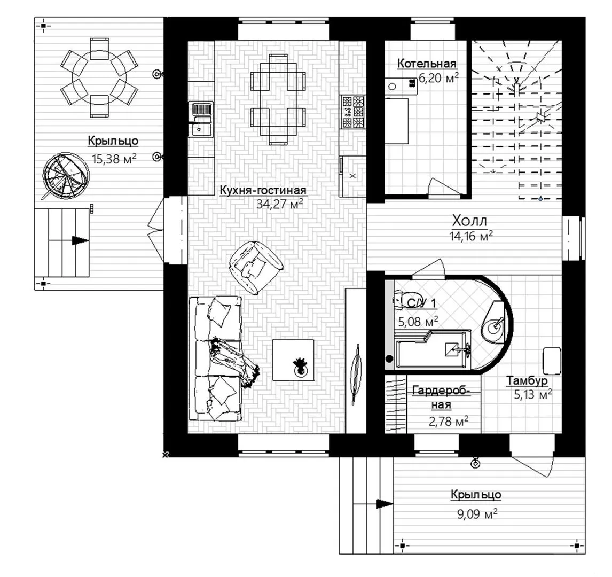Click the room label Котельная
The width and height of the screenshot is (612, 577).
tap(427, 63)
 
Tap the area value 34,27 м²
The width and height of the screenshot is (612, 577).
tap(279, 204)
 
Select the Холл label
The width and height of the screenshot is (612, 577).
tap(469, 221)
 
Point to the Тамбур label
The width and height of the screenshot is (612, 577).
tap(527, 380)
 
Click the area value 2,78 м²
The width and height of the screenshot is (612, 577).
tap(449, 421)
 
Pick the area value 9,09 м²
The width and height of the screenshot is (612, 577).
tap(477, 514)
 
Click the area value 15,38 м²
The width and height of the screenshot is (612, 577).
tap(114, 159)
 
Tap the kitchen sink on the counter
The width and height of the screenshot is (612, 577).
tap(201, 119)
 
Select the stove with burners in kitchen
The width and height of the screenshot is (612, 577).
tap(352, 112)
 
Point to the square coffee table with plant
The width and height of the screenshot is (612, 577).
tap(293, 360)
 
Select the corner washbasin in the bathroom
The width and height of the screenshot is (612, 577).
tap(495, 323)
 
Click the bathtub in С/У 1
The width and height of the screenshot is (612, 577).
tap(433, 350)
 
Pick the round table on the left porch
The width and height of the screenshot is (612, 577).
tap(99, 77)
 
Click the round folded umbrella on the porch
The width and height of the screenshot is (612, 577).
tap(65, 176)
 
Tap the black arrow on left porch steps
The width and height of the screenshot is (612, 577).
tap(81, 240)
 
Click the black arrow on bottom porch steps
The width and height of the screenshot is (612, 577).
tap(385, 504)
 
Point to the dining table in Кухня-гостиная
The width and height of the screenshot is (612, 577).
tap(277, 100)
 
